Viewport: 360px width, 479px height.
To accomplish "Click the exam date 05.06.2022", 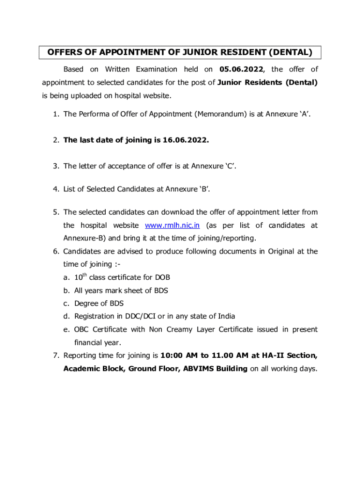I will tap(241, 69).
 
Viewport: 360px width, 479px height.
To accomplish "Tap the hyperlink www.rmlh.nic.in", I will tap(173, 225).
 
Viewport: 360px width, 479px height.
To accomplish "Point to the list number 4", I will tap(55, 189).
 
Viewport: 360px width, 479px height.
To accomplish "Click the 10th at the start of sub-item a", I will tap(80, 277).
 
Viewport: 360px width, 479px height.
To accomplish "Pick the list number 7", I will tap(55, 356).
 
